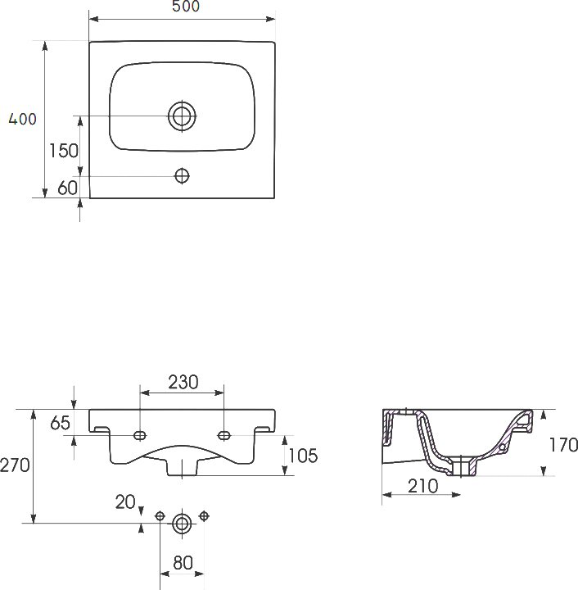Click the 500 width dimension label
186,6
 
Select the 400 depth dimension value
23,119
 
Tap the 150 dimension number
64,151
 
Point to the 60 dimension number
68,188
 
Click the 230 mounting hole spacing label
183,382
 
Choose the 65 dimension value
60,423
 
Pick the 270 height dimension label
15,465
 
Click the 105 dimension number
303,456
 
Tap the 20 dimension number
125,502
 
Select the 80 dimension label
183,563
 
